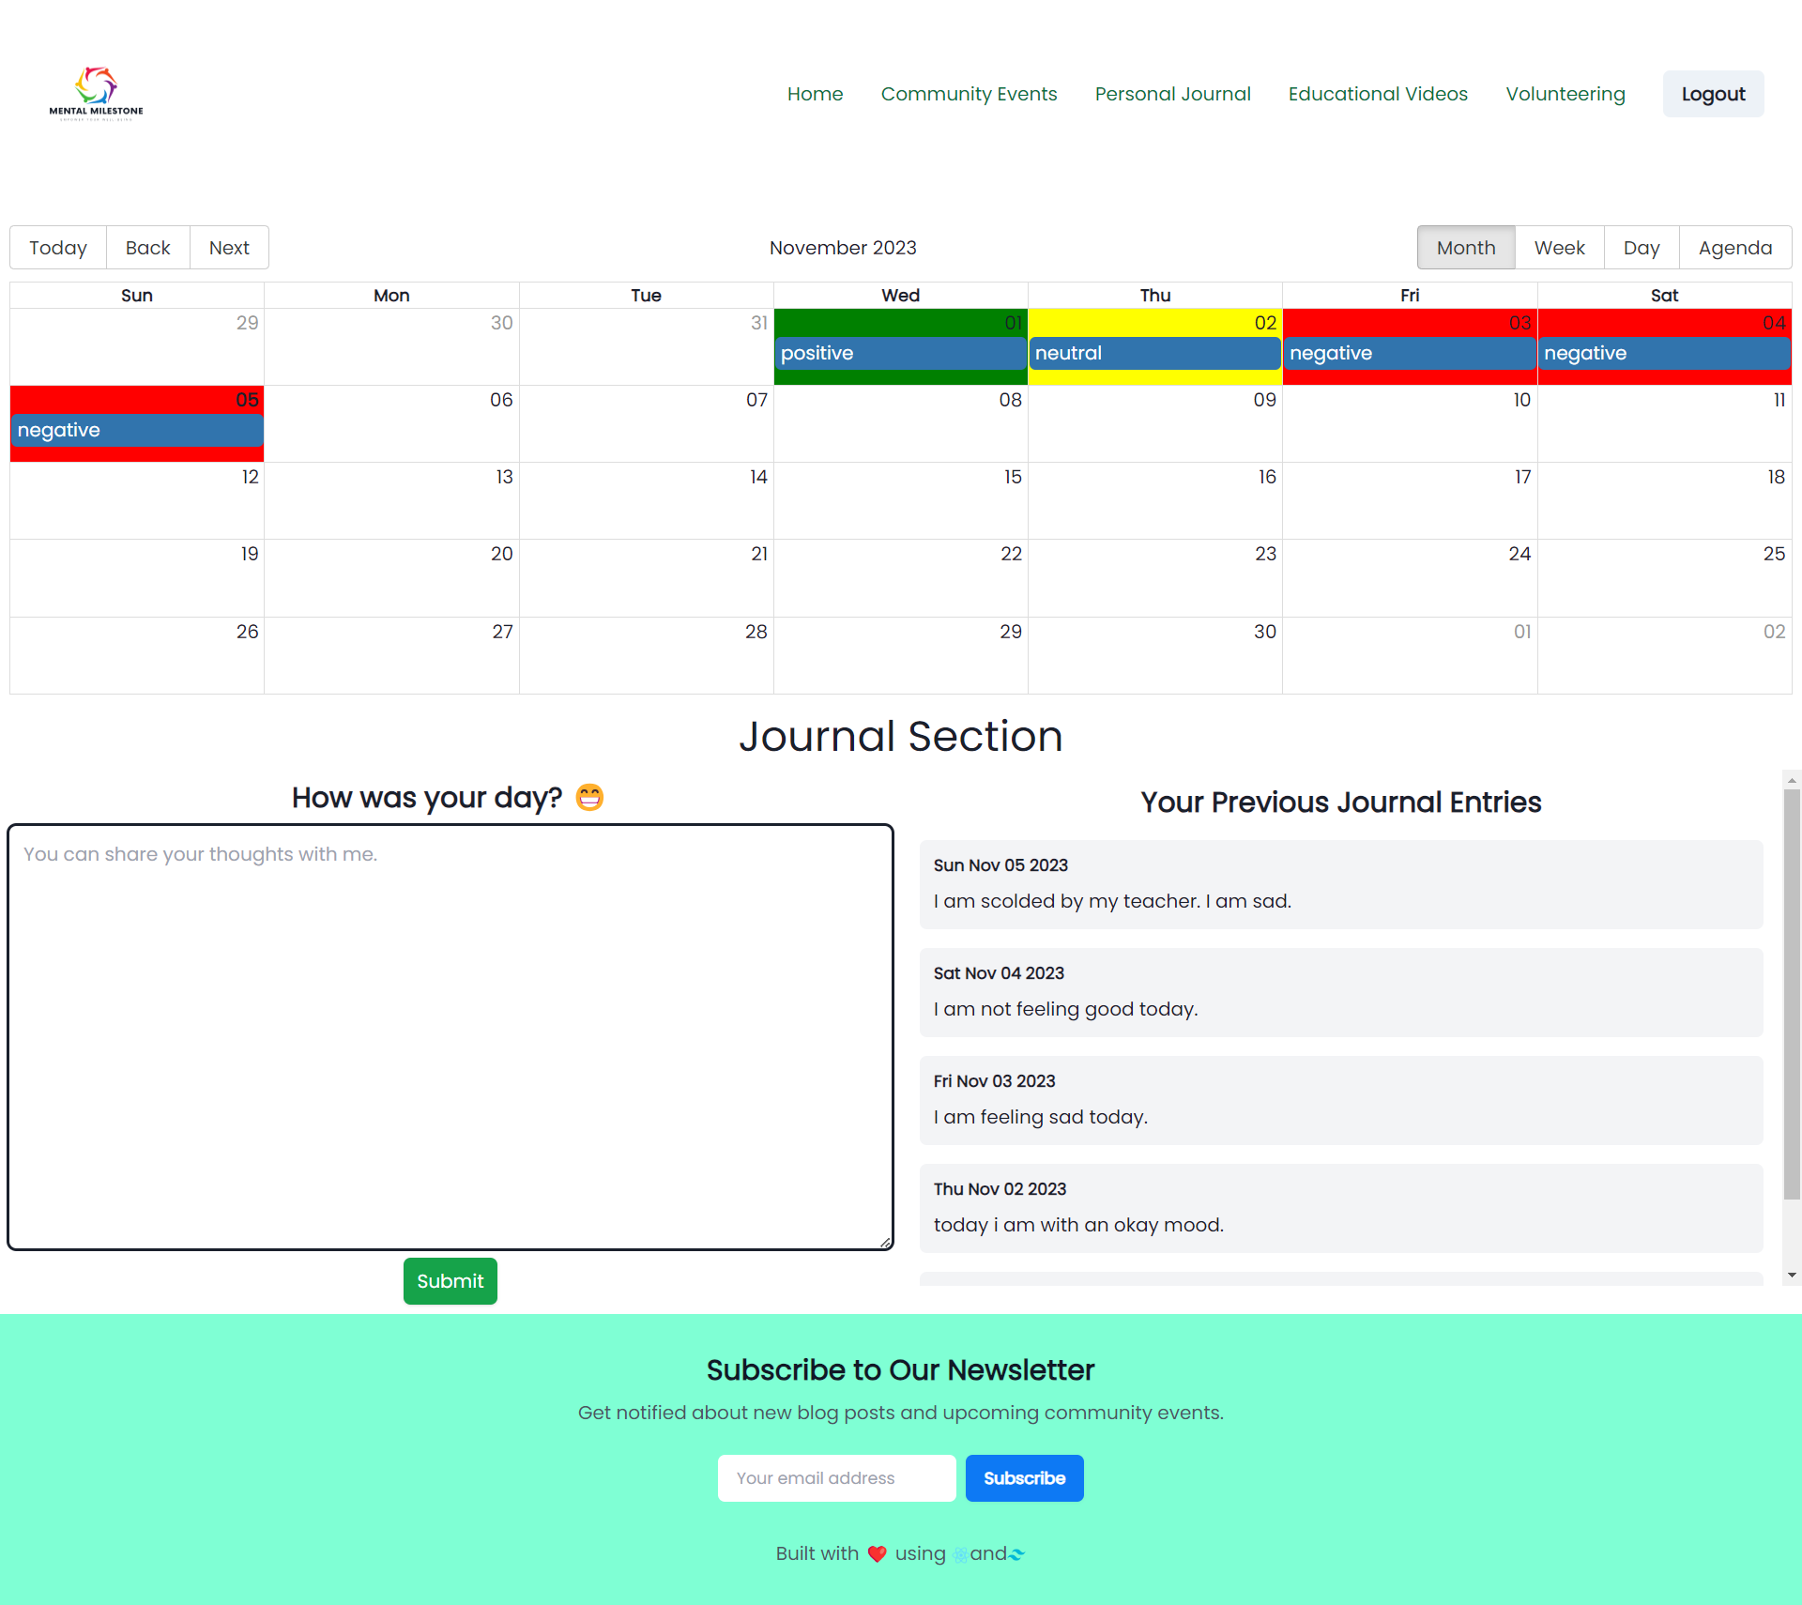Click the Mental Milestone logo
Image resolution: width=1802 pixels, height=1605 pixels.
tap(96, 93)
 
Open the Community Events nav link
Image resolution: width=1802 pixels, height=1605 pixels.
tap(969, 94)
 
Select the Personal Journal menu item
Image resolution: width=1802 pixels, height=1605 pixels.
tap(1172, 94)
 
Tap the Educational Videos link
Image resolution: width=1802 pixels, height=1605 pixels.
tap(1377, 94)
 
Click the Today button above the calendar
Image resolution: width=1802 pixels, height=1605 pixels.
tap(58, 248)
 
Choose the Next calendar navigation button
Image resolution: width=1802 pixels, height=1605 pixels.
tap(229, 248)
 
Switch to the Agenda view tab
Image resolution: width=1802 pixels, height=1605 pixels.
tap(1734, 248)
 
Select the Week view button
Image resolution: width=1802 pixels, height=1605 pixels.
tap(1559, 248)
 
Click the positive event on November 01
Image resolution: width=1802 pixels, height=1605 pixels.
tap(899, 353)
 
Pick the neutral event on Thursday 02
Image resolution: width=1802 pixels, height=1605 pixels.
tap(1154, 353)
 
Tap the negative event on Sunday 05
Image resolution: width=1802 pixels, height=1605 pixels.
tap(136, 430)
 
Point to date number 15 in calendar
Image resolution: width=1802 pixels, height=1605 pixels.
tap(1012, 477)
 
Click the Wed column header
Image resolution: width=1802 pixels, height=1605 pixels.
tap(900, 296)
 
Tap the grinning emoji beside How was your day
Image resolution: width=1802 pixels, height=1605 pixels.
tap(589, 797)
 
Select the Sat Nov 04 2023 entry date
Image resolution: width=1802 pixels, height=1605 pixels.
tap(999, 973)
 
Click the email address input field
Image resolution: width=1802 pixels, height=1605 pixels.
tap(836, 1478)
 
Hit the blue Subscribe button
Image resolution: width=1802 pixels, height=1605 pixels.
tap(1024, 1478)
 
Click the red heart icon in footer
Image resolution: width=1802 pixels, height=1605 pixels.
tap(877, 1553)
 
